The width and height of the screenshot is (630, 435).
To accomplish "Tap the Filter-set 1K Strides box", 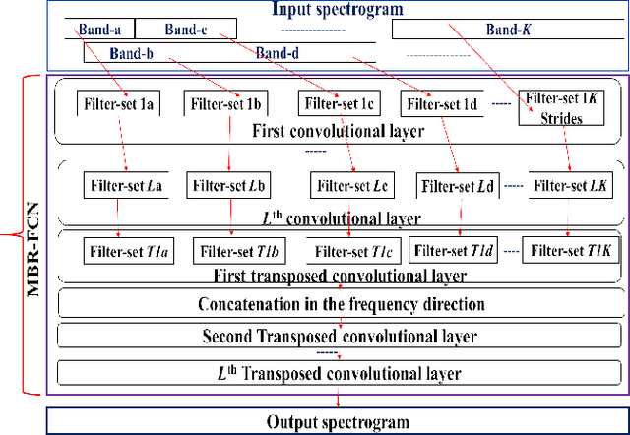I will pyautogui.click(x=561, y=107).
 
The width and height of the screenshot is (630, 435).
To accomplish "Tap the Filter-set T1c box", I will pyautogui.click(x=348, y=251).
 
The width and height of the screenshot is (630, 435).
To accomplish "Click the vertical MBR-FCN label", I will pyautogui.click(x=31, y=234).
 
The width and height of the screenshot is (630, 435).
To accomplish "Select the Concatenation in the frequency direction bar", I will pyautogui.click(x=341, y=303).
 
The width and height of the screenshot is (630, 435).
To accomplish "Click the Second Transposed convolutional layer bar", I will pyautogui.click(x=341, y=337).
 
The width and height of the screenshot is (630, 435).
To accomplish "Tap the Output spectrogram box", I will pyautogui.click(x=338, y=422).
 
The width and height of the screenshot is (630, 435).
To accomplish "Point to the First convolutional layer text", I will pyautogui.click(x=338, y=130).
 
